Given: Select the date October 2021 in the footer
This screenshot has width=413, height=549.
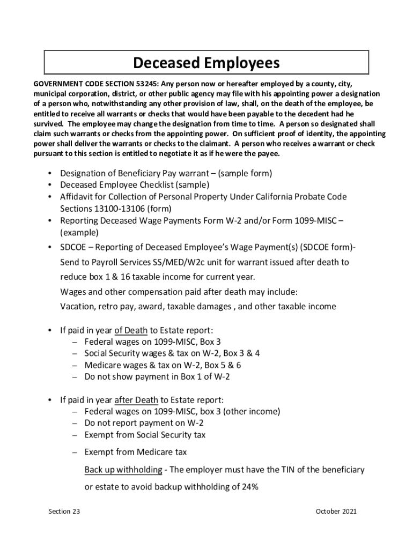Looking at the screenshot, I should [x=336, y=511].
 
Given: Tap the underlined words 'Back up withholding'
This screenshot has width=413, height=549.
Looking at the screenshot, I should [x=123, y=470].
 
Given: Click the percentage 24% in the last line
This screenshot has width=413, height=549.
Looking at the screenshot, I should [x=249, y=487].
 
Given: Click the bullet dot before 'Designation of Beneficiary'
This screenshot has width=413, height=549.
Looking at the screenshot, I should [x=49, y=174].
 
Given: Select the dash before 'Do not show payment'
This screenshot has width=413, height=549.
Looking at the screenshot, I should [x=76, y=377].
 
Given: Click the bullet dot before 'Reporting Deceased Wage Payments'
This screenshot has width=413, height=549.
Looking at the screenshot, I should [x=49, y=221].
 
